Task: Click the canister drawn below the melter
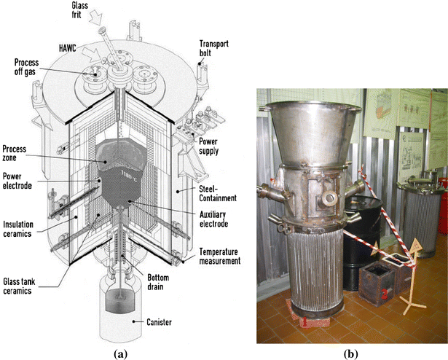tap(117, 308)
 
